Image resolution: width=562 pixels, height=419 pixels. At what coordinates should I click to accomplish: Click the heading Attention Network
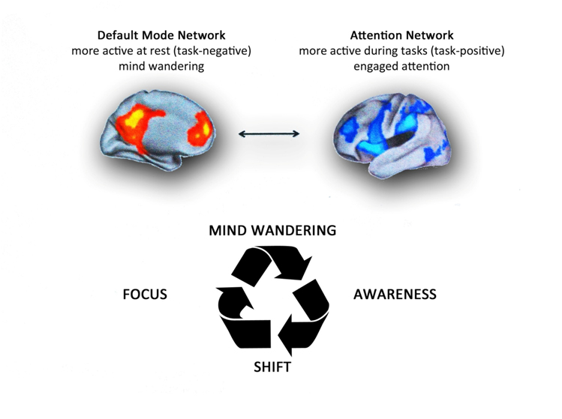point(402,35)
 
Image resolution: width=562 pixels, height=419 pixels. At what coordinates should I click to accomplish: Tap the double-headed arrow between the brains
point(269,134)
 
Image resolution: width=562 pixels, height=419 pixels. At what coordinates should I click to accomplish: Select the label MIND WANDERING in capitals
point(272,230)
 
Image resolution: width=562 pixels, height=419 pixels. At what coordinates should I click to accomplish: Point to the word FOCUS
point(145,295)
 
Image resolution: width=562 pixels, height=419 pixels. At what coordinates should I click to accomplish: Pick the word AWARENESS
point(395,295)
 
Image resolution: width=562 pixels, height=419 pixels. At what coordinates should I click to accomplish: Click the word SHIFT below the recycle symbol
point(272,367)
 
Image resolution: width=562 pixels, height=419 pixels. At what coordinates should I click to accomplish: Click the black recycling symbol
point(272,299)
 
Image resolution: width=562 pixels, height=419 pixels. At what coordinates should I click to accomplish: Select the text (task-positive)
point(464,52)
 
